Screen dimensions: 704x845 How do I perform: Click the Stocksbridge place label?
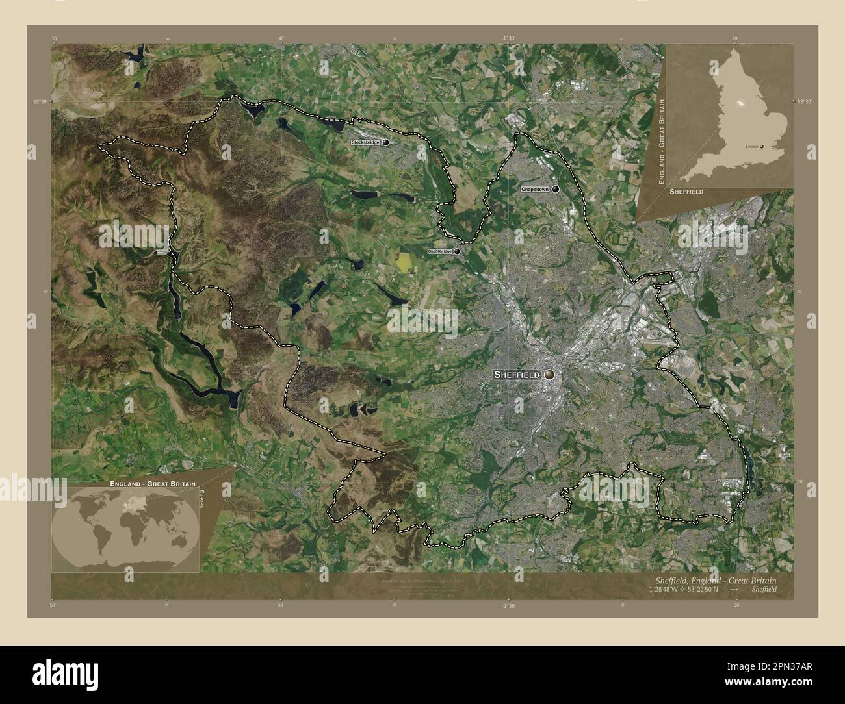point(365,142)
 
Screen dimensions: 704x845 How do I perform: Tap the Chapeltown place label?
point(535,189)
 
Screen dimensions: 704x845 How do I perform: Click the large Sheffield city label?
point(516,375)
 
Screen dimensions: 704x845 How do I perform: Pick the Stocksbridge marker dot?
point(387,142)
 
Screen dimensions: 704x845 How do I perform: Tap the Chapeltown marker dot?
point(556,189)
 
